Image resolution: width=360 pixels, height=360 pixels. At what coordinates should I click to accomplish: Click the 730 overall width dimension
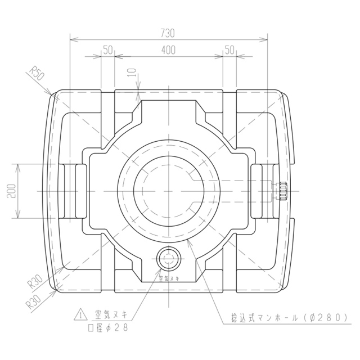[x=168, y=33]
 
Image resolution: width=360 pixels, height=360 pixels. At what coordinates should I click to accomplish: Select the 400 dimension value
[x=168, y=50]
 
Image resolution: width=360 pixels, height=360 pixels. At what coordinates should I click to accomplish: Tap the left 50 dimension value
[x=107, y=50]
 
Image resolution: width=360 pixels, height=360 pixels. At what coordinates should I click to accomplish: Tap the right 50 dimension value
[x=229, y=50]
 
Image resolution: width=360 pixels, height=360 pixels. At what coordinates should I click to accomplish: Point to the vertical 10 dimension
[x=133, y=74]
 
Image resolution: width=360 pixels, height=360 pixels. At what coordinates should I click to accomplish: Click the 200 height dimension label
[x=11, y=191]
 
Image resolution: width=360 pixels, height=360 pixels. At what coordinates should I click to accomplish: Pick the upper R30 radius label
[x=35, y=282]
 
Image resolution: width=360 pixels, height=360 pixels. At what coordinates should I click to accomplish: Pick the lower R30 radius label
[x=34, y=301]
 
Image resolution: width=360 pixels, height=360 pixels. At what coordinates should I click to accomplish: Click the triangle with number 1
[x=80, y=315]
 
